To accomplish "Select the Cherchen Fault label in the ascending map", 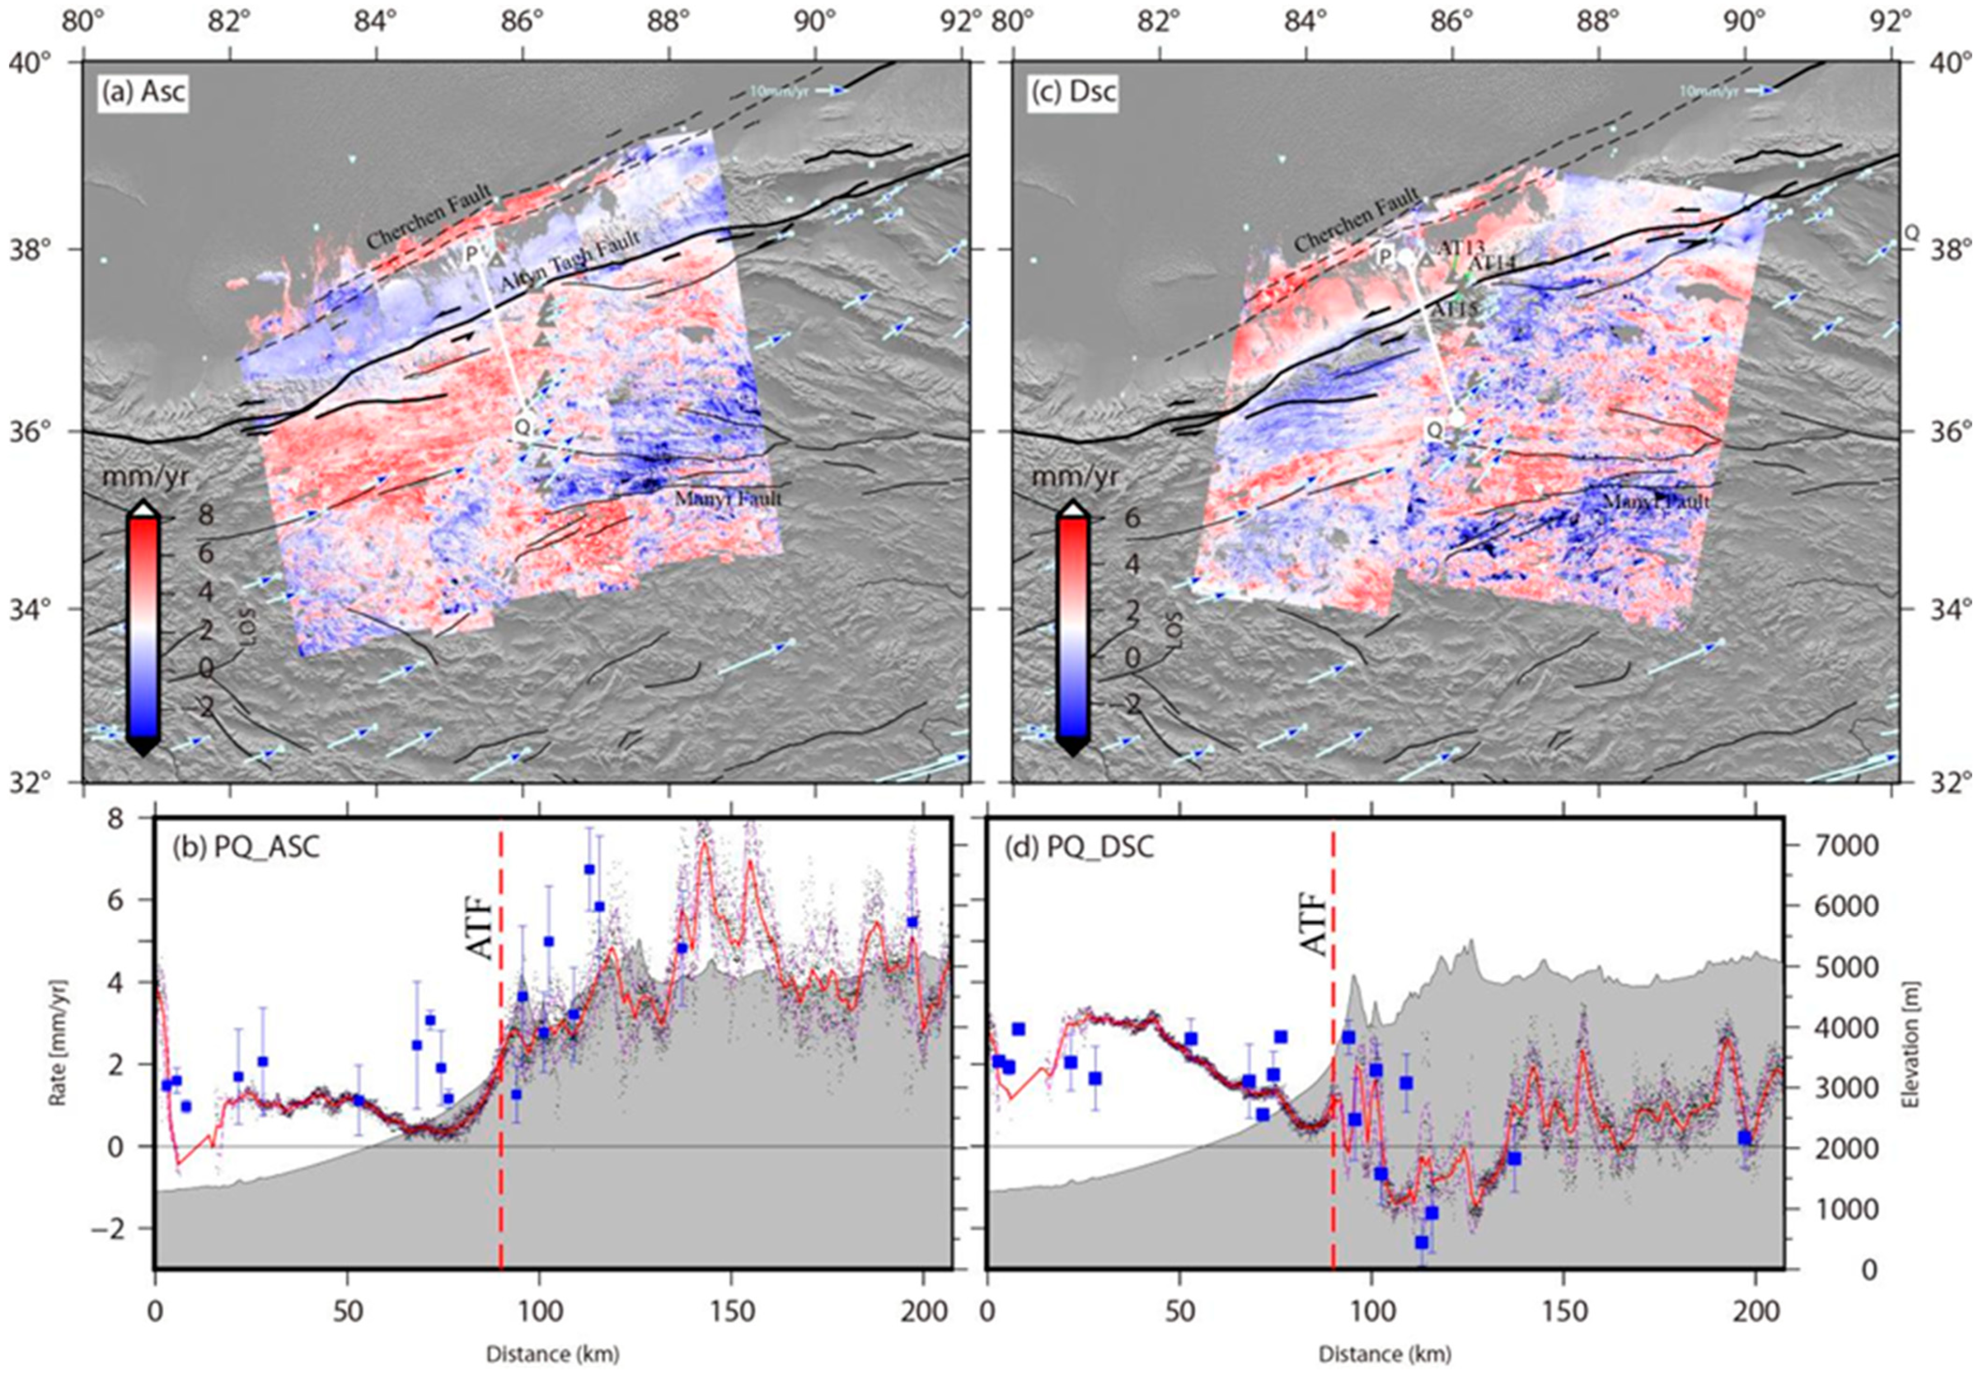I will point(428,216).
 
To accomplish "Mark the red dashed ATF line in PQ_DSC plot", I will point(1333,1120).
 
